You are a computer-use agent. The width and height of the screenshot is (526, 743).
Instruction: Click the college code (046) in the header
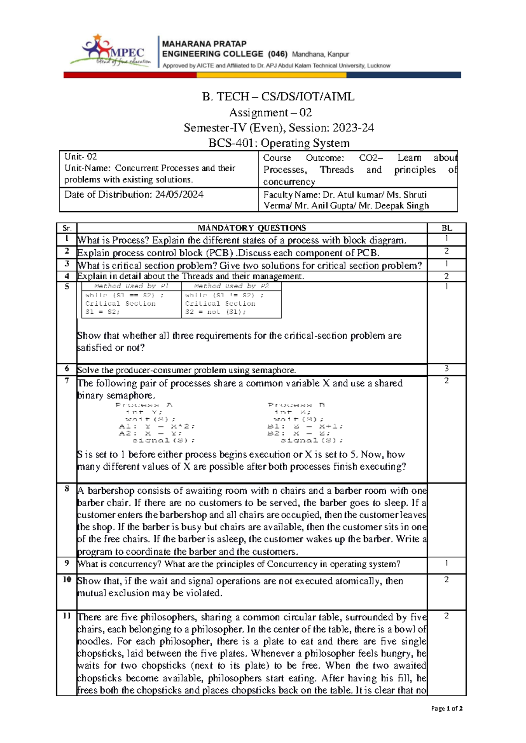277,54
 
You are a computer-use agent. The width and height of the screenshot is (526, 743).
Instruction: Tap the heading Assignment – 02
270,113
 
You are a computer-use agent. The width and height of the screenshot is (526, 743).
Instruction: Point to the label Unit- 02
81,157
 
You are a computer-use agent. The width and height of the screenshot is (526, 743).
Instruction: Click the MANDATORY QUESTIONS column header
252,228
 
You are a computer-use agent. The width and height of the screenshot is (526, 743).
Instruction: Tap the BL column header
447,228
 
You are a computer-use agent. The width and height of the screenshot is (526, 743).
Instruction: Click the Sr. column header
67,228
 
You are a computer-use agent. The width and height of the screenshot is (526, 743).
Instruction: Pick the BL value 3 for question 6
446,369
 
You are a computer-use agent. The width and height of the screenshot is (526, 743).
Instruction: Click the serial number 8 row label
67,488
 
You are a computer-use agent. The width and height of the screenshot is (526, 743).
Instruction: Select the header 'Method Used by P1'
131,286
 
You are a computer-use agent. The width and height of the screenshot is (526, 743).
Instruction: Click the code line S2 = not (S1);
215,312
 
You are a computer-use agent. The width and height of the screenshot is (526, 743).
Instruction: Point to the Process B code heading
296,405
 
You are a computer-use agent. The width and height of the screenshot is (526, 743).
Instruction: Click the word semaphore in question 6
277,370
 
